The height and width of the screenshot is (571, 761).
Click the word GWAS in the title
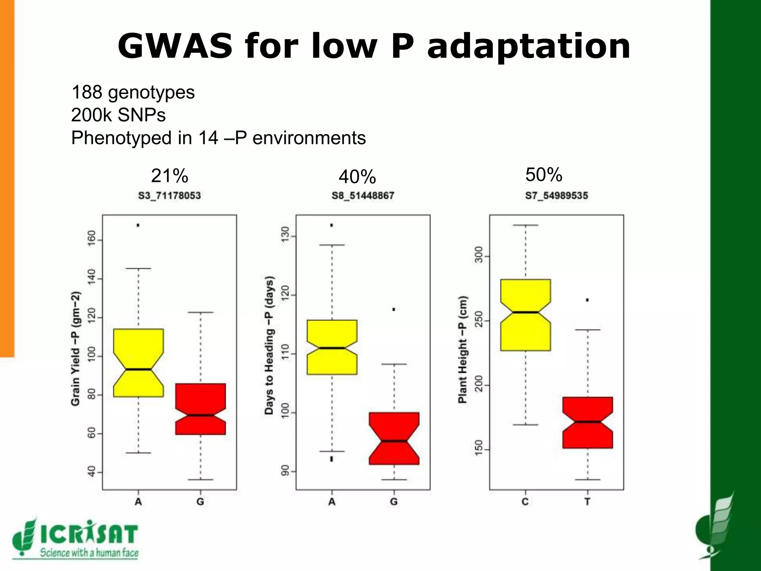coord(175,46)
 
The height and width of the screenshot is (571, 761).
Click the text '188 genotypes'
coord(133,92)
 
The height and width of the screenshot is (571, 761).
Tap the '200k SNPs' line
coord(118,115)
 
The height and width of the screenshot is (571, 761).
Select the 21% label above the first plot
coord(169,175)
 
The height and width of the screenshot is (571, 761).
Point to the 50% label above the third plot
coord(544,174)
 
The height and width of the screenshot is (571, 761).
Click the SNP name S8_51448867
coord(363,196)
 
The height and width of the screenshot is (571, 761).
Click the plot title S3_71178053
coord(169,196)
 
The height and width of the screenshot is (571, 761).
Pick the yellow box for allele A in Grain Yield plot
coord(138,362)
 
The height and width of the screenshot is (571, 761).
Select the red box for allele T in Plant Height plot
coord(587,422)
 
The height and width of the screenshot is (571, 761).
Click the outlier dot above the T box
coord(587,300)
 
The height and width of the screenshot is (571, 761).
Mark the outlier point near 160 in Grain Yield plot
coord(138,225)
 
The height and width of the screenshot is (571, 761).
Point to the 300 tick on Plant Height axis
coord(479,255)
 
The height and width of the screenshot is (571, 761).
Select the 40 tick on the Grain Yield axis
coord(91,472)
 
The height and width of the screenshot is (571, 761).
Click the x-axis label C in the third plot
coord(525,502)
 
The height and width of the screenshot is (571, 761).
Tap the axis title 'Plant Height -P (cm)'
coord(462,349)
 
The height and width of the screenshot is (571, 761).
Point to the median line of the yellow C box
coord(525,312)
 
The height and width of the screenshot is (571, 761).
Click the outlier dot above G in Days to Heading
coord(394,309)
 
